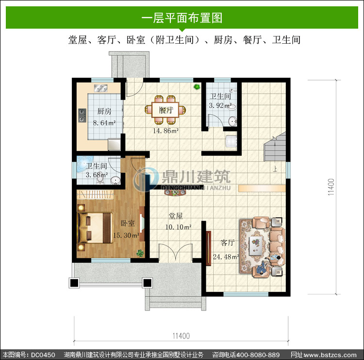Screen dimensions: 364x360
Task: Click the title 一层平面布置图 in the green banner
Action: click(182, 18)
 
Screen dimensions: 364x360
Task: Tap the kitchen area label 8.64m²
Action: click(104, 123)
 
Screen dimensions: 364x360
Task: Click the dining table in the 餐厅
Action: click(165, 110)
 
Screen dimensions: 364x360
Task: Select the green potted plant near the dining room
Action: click(197, 87)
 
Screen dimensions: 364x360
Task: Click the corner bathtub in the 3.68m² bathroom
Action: click(84, 163)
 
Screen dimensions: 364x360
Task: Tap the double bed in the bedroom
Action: click(95, 228)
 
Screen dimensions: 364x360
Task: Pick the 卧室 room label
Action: click(128, 223)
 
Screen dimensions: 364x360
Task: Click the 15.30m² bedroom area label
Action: click(126, 235)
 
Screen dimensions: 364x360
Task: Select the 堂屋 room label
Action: click(176, 216)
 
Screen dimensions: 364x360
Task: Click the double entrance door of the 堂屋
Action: click(176, 252)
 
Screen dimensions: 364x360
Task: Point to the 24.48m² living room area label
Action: click(226, 257)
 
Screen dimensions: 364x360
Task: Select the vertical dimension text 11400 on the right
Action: click(331, 187)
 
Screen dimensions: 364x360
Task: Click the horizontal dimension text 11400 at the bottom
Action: click(181, 336)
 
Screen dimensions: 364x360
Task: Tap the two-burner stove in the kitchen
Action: click(82, 115)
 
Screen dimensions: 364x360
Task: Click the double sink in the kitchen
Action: click(100, 88)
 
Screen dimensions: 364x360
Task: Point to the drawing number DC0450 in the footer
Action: click(43, 355)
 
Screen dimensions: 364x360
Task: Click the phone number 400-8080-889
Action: click(258, 355)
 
